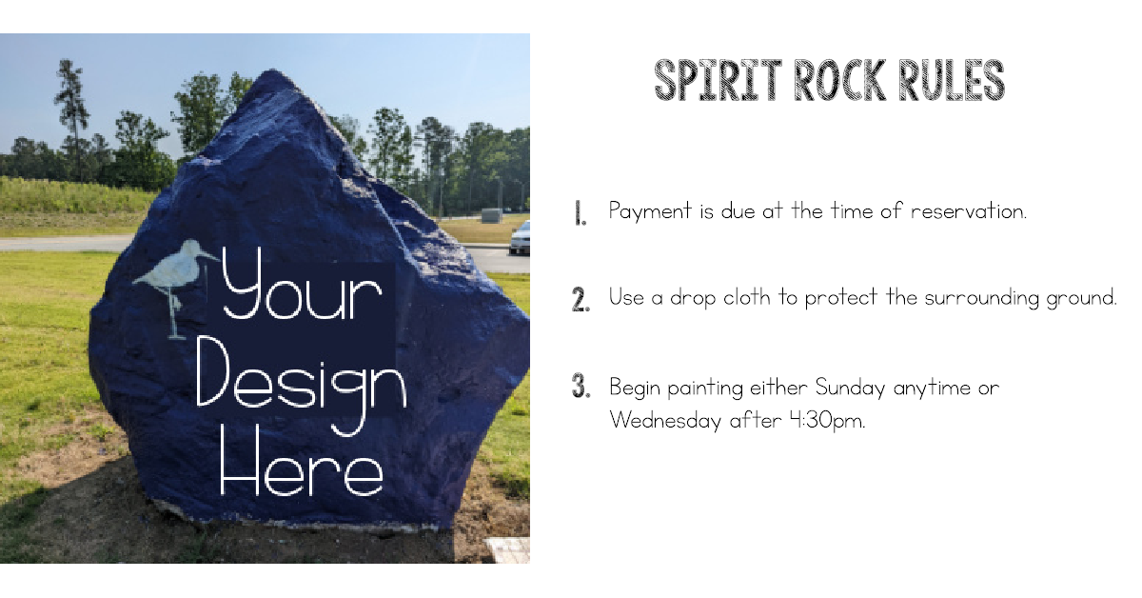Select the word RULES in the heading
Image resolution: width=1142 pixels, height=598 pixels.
coord(954,81)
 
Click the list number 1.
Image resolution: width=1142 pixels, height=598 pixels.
coord(580,213)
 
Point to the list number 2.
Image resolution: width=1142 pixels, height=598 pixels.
coord(581,300)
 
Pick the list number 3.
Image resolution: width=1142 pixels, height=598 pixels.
coord(581,388)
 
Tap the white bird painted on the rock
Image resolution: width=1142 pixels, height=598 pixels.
coord(175,276)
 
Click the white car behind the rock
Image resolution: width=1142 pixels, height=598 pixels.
coord(520,239)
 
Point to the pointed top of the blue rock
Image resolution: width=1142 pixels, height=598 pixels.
coord(273,75)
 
